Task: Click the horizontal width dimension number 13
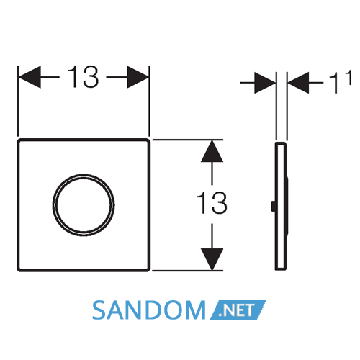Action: click(x=83, y=77)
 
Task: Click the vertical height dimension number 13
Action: click(x=212, y=203)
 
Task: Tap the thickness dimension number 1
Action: click(x=334, y=83)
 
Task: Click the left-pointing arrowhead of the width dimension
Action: click(x=30, y=77)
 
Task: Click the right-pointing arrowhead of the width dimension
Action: click(x=138, y=77)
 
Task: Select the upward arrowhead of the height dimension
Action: click(x=212, y=151)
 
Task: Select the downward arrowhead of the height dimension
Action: click(x=212, y=259)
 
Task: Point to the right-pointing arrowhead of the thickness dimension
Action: click(x=265, y=83)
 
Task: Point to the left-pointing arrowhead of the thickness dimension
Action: click(x=298, y=83)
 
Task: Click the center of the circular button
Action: click(x=84, y=205)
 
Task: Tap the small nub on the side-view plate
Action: click(x=273, y=207)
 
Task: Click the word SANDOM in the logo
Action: click(x=149, y=310)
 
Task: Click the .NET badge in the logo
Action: click(x=238, y=310)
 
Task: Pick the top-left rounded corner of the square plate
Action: click(x=19, y=140)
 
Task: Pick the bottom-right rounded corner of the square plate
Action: click(x=148, y=269)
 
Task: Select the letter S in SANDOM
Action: click(x=99, y=310)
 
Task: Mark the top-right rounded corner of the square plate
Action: click(x=148, y=140)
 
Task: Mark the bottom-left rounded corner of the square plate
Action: click(x=19, y=269)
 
